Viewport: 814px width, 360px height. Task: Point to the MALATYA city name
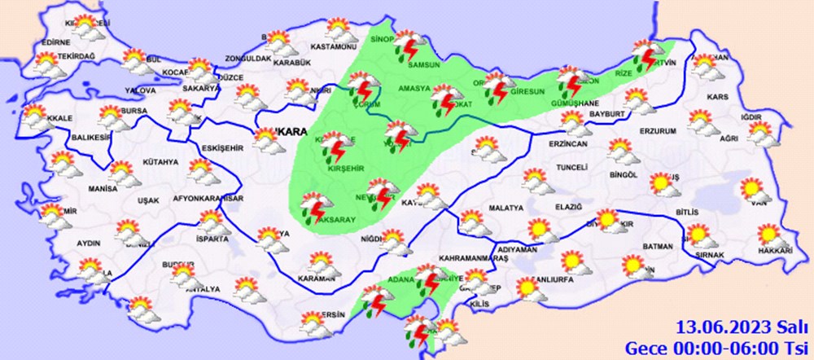click(x=505, y=209)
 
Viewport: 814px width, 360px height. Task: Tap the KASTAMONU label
click(x=329, y=50)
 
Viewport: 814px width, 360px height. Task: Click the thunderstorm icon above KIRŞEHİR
click(x=334, y=144)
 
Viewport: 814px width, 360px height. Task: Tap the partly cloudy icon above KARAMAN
click(x=322, y=265)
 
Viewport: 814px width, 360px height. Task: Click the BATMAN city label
click(x=657, y=246)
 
